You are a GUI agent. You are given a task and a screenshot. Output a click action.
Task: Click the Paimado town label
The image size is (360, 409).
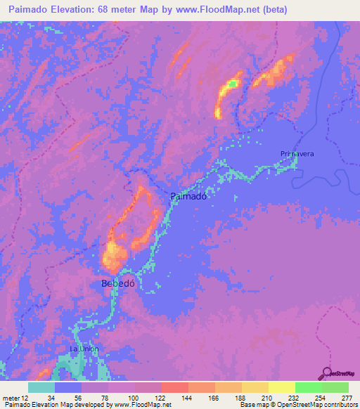(x=188, y=197)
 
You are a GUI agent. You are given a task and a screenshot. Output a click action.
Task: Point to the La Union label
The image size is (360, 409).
(x=84, y=349)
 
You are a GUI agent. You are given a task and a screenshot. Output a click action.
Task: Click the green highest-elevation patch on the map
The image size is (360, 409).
(x=231, y=85)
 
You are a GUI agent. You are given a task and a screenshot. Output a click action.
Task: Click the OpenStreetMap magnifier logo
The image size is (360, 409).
(x=328, y=372)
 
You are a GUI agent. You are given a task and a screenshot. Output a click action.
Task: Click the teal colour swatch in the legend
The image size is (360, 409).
(x=41, y=387)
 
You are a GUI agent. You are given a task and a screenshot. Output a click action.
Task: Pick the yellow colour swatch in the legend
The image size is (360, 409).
(x=281, y=387)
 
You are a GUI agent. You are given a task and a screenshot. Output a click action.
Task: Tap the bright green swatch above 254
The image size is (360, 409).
(x=308, y=387)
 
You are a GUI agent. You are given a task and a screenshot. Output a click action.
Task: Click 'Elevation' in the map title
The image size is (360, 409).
(x=82, y=10)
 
